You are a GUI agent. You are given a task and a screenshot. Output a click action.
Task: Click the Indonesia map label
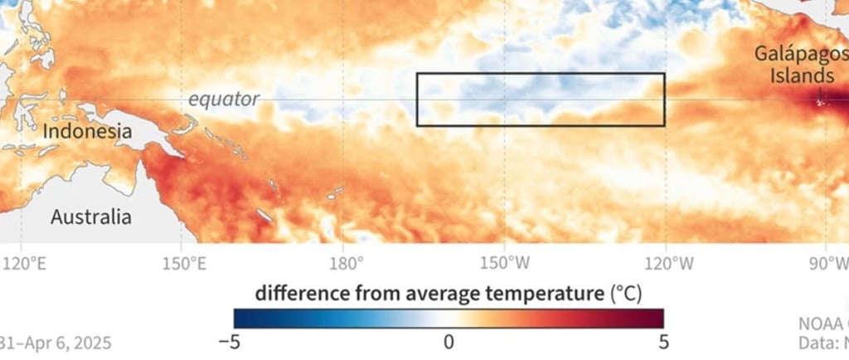(87, 132)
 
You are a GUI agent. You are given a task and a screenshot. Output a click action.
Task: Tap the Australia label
(90, 217)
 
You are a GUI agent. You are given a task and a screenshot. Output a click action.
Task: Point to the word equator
(223, 100)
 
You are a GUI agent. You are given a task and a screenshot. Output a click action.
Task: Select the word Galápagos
(800, 54)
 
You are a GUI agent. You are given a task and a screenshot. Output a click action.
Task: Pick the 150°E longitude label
(184, 265)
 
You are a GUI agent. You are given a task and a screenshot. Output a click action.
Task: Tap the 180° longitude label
(347, 265)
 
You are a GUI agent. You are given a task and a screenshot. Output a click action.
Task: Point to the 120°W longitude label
(666, 265)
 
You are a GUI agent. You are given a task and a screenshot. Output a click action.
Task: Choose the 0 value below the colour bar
(449, 341)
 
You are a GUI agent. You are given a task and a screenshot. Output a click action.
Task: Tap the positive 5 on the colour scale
(662, 341)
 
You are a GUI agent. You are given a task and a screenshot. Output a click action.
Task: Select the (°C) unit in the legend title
(626, 292)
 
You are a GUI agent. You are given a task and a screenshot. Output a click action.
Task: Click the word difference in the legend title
(298, 292)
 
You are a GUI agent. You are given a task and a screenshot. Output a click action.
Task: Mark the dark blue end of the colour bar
(240, 318)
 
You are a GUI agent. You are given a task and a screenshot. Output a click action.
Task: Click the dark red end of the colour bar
(657, 318)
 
